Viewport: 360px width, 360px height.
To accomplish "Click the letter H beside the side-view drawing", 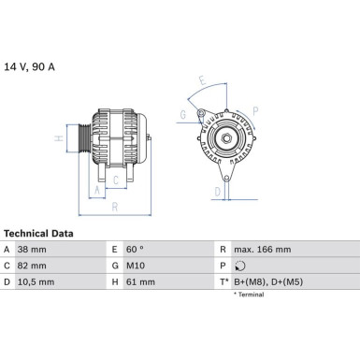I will coord(59,141).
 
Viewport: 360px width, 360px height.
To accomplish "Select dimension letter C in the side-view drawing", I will coord(115,180).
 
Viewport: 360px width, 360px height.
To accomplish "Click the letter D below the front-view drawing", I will coord(215,192).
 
